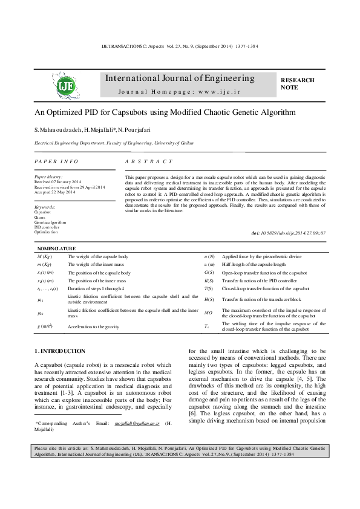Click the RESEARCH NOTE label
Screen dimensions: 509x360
coord(298,83)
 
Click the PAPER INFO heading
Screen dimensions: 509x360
coord(56,162)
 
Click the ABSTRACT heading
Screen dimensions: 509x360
coord(149,162)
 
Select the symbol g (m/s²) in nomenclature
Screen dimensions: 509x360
coord(45,327)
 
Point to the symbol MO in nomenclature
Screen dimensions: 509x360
coord(209,313)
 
